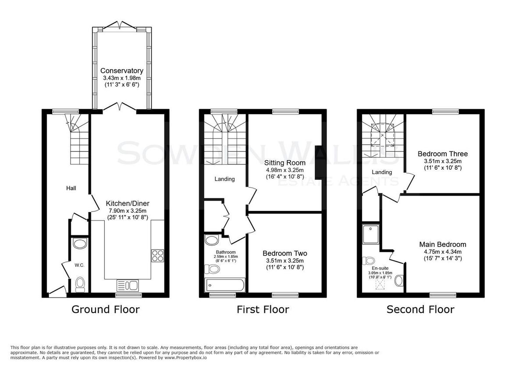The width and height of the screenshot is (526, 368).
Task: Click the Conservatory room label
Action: pos(122,71)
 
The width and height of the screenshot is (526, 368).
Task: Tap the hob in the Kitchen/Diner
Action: pos(157,256)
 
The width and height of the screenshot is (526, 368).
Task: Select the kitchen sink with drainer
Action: pos(128,286)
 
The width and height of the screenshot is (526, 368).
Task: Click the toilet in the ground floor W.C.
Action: pos(80,284)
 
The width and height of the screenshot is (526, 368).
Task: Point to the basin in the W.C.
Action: pos(80,243)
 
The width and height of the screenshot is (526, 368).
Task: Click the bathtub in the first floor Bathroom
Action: pos(225,285)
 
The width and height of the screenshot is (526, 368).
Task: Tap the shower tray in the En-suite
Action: pos(370,234)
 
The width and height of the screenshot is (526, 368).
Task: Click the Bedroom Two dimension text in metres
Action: pos(285,261)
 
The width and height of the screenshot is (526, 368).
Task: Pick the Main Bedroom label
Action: pos(443,244)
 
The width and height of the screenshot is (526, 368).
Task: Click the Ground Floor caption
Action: pos(106,309)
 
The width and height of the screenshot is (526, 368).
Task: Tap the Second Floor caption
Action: pos(420,309)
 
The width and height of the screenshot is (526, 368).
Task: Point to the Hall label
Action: pos(71,188)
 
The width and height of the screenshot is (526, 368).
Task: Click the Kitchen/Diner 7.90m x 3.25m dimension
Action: pos(128,211)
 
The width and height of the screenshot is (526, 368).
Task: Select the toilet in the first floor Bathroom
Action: pos(212,269)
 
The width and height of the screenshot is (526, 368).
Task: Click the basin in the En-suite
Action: pos(398,281)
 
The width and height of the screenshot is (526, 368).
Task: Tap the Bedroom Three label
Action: pos(443,154)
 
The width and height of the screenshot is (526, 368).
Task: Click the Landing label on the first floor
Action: pos(224,179)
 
